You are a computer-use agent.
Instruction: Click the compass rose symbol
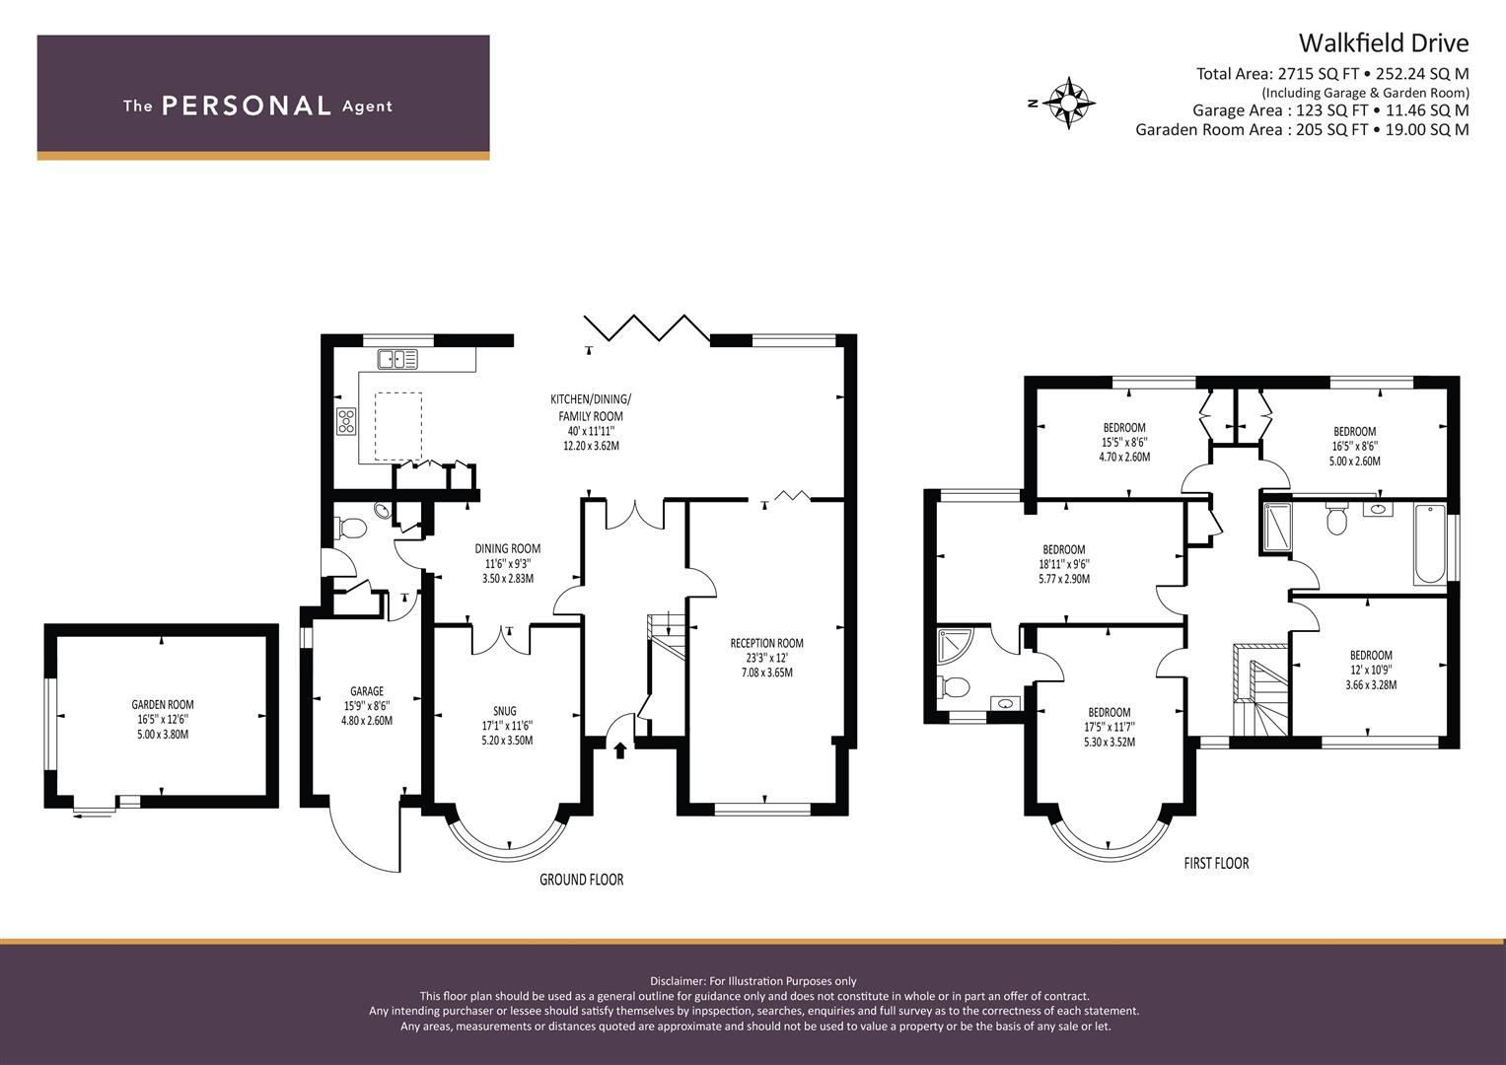[x=1068, y=103]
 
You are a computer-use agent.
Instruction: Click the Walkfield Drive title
[x=1383, y=43]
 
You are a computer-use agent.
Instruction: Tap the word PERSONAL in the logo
[x=247, y=106]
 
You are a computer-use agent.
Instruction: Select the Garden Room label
[x=163, y=719]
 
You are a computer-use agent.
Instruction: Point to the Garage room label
[x=367, y=705]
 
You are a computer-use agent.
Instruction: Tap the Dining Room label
[x=508, y=563]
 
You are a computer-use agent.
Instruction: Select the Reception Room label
[x=767, y=658]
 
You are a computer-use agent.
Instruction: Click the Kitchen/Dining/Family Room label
[x=591, y=422]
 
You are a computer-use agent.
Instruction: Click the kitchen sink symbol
[x=397, y=359]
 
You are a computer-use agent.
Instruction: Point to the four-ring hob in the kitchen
[x=347, y=422]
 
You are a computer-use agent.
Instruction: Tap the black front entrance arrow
[x=620, y=750]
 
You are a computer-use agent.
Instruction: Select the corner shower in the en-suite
[x=956, y=645]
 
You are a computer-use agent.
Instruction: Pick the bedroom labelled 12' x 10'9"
[x=1371, y=670]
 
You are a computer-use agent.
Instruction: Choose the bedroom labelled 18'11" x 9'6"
[x=1064, y=563]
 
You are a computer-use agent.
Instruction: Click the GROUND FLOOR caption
[x=582, y=880]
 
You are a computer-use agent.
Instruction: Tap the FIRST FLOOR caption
[x=1216, y=863]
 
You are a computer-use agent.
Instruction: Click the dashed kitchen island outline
[x=398, y=427]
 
